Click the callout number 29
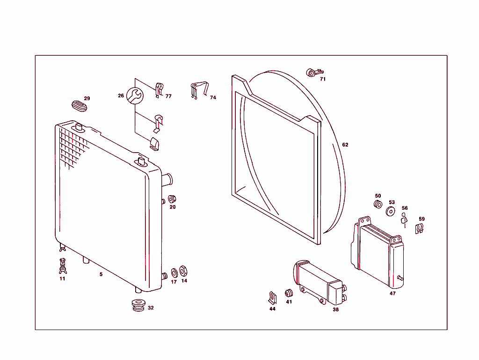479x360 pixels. pyautogui.click(x=87, y=98)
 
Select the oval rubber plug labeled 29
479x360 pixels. pyautogui.click(x=79, y=106)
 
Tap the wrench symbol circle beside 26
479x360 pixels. pyautogui.click(x=135, y=96)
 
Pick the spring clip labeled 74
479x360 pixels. pyautogui.click(x=199, y=90)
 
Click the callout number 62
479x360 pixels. pyautogui.click(x=345, y=145)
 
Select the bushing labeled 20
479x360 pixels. pyautogui.click(x=172, y=198)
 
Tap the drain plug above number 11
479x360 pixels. pyautogui.click(x=62, y=266)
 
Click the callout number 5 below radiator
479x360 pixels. pyautogui.click(x=101, y=274)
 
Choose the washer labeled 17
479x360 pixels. pyautogui.click(x=174, y=272)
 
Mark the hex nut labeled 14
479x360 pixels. pyautogui.click(x=183, y=271)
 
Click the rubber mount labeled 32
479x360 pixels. pyautogui.click(x=138, y=305)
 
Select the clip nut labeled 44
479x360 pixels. pyautogui.click(x=272, y=297)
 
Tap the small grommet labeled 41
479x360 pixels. pyautogui.click(x=289, y=293)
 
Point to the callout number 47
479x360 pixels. pyautogui.click(x=392, y=294)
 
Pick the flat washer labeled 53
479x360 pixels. pyautogui.click(x=390, y=210)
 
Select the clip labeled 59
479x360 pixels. pyautogui.click(x=420, y=228)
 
